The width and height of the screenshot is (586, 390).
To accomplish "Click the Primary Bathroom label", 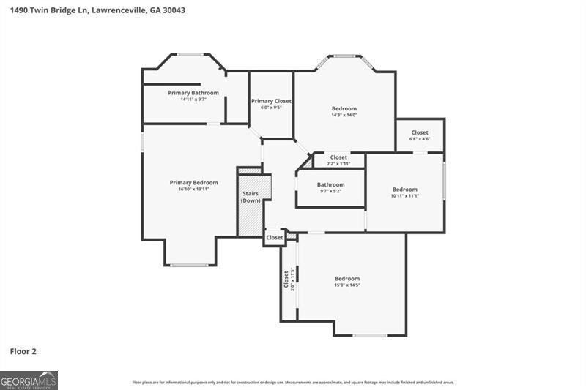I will [193, 93].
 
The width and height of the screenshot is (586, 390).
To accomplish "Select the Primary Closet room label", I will [271, 101].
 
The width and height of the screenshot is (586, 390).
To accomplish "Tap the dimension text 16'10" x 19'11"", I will [194, 190].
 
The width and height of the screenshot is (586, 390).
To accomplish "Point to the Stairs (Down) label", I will [251, 197].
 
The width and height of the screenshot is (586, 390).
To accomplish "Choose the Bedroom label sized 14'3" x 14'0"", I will [344, 108].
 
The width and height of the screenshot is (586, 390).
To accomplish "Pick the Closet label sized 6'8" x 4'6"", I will [420, 132].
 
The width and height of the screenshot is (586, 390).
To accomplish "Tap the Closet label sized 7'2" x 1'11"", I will [338, 157].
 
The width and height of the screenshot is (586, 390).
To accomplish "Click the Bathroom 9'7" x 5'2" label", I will [330, 185].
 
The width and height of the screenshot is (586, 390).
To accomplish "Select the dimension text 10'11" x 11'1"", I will [404, 196].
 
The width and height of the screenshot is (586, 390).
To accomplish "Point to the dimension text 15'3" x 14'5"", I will [347, 285].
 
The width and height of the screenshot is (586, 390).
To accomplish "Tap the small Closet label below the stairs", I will [275, 238].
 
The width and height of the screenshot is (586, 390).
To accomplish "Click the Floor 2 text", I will [23, 351].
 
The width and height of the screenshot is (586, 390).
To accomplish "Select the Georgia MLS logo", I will [29, 380].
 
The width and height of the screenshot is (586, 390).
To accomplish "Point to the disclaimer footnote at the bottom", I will [293, 382].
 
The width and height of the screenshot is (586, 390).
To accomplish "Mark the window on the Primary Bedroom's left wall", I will [142, 141].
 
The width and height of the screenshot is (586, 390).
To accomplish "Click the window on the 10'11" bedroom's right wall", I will [445, 181].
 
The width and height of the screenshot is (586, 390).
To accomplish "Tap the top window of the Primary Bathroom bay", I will [190, 54].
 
